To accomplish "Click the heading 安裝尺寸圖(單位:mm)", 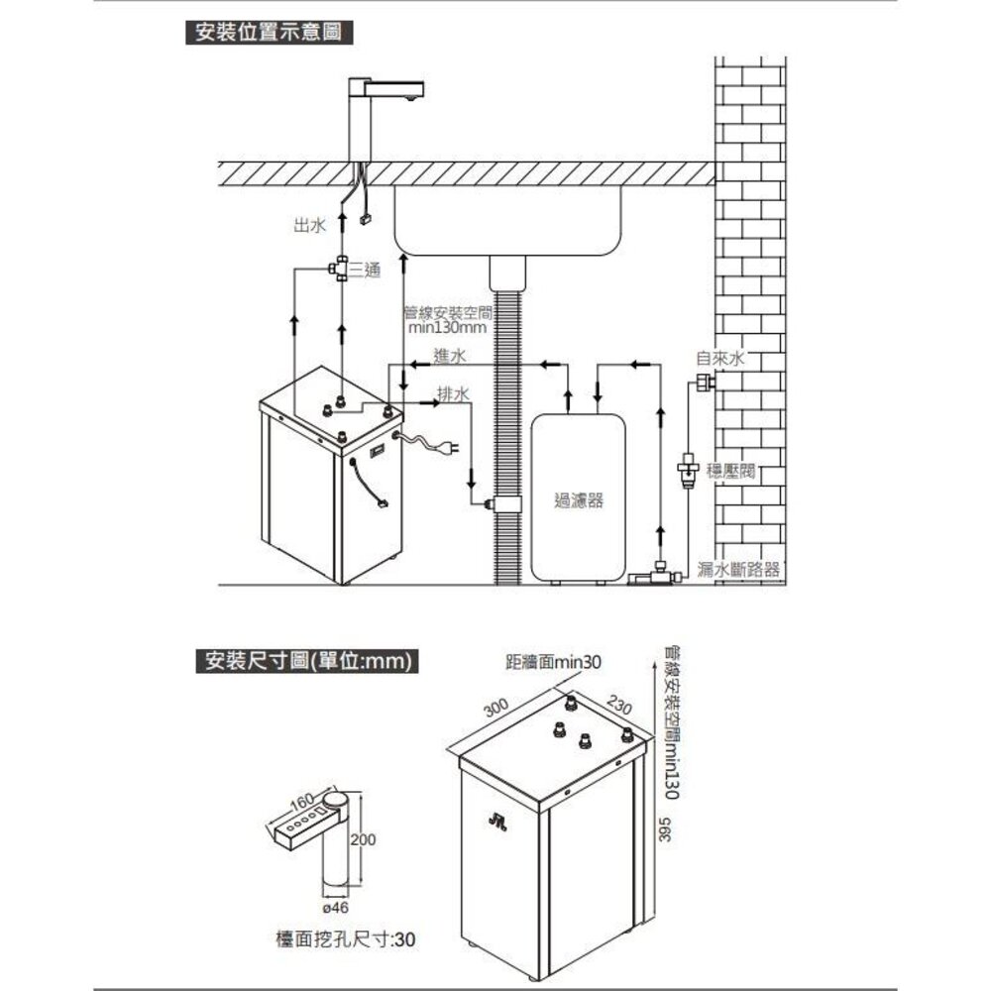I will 306,660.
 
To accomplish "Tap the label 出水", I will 309,226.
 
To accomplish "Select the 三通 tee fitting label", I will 365,270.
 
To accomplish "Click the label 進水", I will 451,356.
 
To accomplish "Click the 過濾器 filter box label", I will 579,501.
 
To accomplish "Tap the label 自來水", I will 720,358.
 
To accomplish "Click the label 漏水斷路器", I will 738,569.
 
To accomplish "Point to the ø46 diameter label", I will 336,907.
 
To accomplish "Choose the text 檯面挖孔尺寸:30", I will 346,938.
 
